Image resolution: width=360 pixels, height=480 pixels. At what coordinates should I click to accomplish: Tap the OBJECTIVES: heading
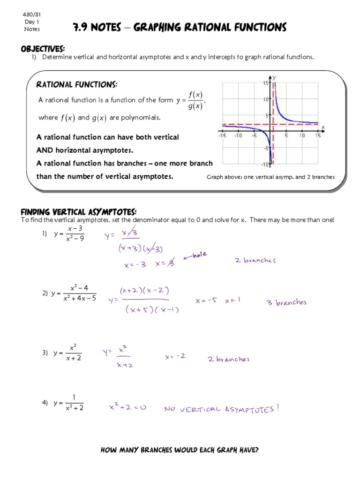coord(42,49)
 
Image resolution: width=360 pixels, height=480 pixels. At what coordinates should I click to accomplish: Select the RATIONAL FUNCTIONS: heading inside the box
coord(77,84)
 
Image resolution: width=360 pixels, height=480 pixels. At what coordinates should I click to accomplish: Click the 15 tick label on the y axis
coord(265,83)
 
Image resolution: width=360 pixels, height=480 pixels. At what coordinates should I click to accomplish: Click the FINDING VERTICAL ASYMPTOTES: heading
coord(79,212)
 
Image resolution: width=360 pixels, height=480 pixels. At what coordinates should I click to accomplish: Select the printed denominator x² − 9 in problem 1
coord(75,238)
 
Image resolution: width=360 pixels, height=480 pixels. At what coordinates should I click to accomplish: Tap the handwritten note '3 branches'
coord(286,302)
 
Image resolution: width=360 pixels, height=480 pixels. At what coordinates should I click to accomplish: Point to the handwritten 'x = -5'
coord(206,301)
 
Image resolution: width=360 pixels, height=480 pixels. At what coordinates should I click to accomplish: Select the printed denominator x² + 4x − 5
coord(80,298)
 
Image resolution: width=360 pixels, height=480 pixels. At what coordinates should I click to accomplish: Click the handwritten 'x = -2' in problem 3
coord(175,356)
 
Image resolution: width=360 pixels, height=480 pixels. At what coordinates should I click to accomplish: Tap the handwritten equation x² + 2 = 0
coord(128,408)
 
